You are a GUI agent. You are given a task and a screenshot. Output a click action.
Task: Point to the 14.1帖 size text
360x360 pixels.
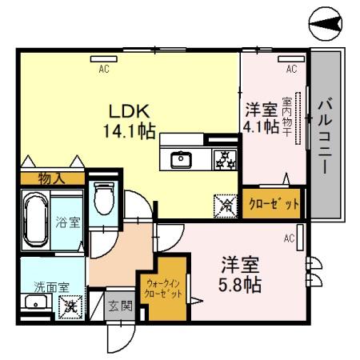coord(127,130)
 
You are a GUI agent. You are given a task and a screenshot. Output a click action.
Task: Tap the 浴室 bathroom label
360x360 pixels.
coord(68,222)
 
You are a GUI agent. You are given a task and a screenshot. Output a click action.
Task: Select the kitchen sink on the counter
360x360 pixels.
coord(182,159)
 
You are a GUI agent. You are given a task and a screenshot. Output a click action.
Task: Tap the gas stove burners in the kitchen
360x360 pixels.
coord(224,159)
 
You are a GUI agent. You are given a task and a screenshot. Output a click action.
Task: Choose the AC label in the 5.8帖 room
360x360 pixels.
coord(288,238)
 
